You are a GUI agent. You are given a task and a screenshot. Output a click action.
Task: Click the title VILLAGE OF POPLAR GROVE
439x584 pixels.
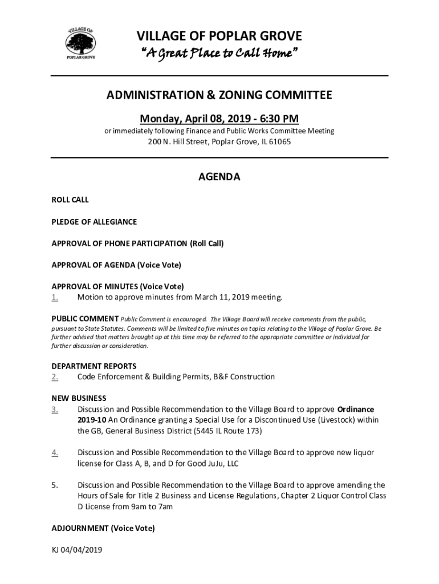point(219,37)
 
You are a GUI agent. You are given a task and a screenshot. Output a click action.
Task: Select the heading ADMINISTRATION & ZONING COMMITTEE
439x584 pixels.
point(219,95)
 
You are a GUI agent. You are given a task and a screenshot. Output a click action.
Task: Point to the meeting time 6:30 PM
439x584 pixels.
point(279,119)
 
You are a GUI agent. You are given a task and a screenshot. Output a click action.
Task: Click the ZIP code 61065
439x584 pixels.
point(280,141)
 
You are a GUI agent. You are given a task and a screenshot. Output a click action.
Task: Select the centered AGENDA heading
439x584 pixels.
point(219,177)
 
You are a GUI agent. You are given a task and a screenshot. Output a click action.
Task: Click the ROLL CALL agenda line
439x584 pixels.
point(70,200)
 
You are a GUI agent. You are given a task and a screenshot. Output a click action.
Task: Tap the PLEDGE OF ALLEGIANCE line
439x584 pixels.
point(94,222)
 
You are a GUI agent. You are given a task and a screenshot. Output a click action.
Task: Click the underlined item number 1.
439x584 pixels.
point(55,297)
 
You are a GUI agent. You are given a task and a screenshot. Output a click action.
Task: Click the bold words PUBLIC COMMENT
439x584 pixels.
point(85,318)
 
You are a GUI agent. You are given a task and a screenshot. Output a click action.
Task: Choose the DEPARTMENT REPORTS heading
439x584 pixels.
point(94,366)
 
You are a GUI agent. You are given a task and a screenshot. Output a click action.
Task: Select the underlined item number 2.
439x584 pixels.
point(55,376)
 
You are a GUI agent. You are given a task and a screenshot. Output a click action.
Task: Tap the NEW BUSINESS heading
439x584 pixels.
point(79,398)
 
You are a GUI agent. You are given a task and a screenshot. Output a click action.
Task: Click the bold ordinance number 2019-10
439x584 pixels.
point(92,420)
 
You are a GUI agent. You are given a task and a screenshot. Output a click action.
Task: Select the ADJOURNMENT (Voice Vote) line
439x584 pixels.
point(103,528)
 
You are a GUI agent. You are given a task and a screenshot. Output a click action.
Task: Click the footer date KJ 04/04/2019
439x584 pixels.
point(76,550)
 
